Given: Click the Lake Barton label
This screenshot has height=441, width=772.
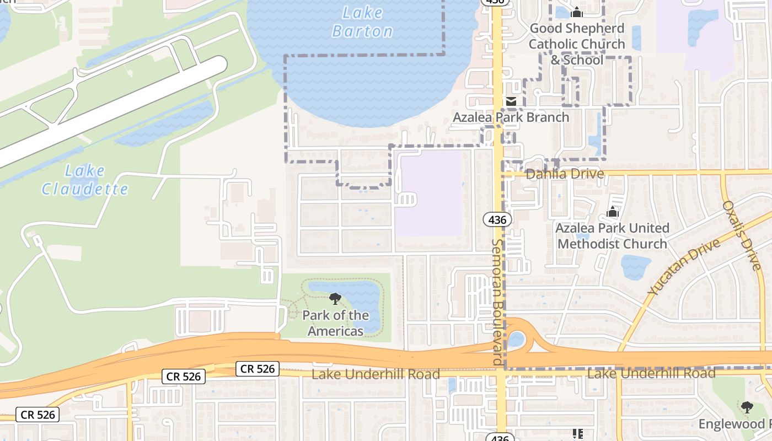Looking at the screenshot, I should (x=362, y=21).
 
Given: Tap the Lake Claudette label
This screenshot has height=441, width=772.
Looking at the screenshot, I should (x=85, y=180).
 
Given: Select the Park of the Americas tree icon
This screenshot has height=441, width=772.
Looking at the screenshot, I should (x=335, y=299).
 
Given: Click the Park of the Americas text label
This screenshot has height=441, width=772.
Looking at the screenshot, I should (x=335, y=323).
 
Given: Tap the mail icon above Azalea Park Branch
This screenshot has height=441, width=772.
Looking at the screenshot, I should (x=511, y=101).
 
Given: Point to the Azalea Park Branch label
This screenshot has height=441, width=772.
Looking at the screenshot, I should (x=511, y=117).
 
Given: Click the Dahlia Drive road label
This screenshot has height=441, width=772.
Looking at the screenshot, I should (x=565, y=174).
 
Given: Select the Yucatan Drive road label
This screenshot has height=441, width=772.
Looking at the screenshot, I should (x=684, y=267).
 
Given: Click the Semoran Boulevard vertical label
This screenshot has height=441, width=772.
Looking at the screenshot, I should (x=498, y=302).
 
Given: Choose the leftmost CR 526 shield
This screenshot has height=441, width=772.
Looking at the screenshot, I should (x=37, y=415).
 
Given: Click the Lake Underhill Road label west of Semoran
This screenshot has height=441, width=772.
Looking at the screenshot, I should (x=376, y=374).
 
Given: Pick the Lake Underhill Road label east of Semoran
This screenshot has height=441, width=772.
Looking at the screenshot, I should (x=651, y=373).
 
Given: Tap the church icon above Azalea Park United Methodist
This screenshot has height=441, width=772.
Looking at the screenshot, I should (x=612, y=212).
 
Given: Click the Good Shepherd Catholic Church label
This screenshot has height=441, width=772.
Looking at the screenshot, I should (x=577, y=44).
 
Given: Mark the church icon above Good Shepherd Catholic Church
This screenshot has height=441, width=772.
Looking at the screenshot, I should (x=577, y=12).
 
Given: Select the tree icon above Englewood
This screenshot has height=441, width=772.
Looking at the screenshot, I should (x=747, y=407).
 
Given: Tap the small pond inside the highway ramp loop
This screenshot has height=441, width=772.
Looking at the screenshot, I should (x=516, y=339).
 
